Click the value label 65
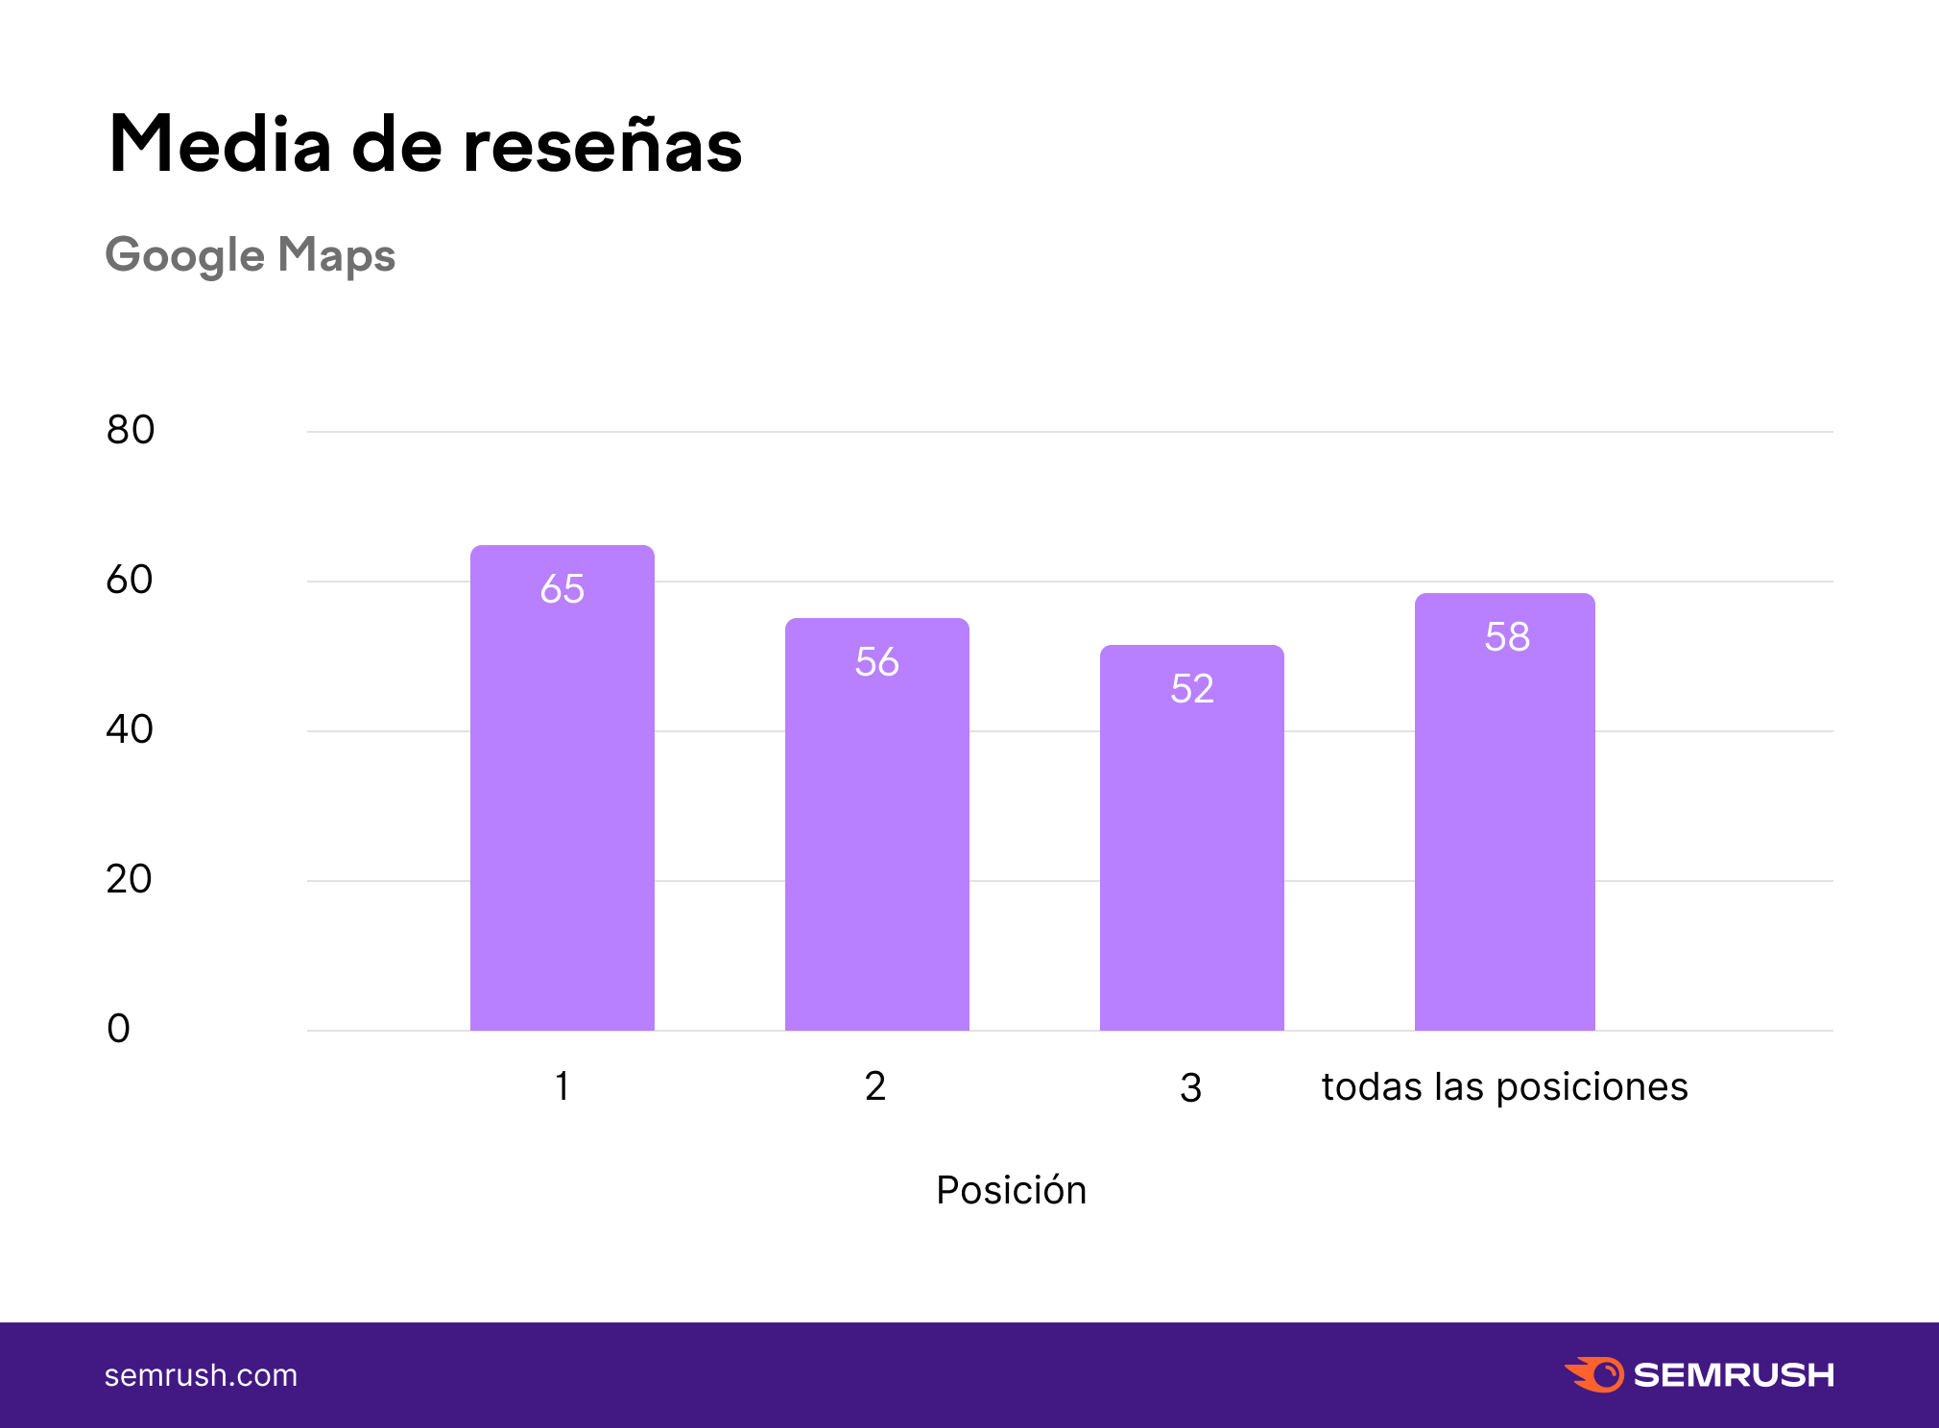563,588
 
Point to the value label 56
877,661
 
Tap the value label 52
1192,688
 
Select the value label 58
1507,636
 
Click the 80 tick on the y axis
131,430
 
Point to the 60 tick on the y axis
130,580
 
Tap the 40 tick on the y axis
130,729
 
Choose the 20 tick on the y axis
129,879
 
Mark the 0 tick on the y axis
119,1029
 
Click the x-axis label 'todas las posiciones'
1504,1087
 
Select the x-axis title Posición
1011,1190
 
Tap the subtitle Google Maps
251,255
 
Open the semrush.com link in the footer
201,1375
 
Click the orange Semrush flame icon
1594,1374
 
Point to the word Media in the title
220,146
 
